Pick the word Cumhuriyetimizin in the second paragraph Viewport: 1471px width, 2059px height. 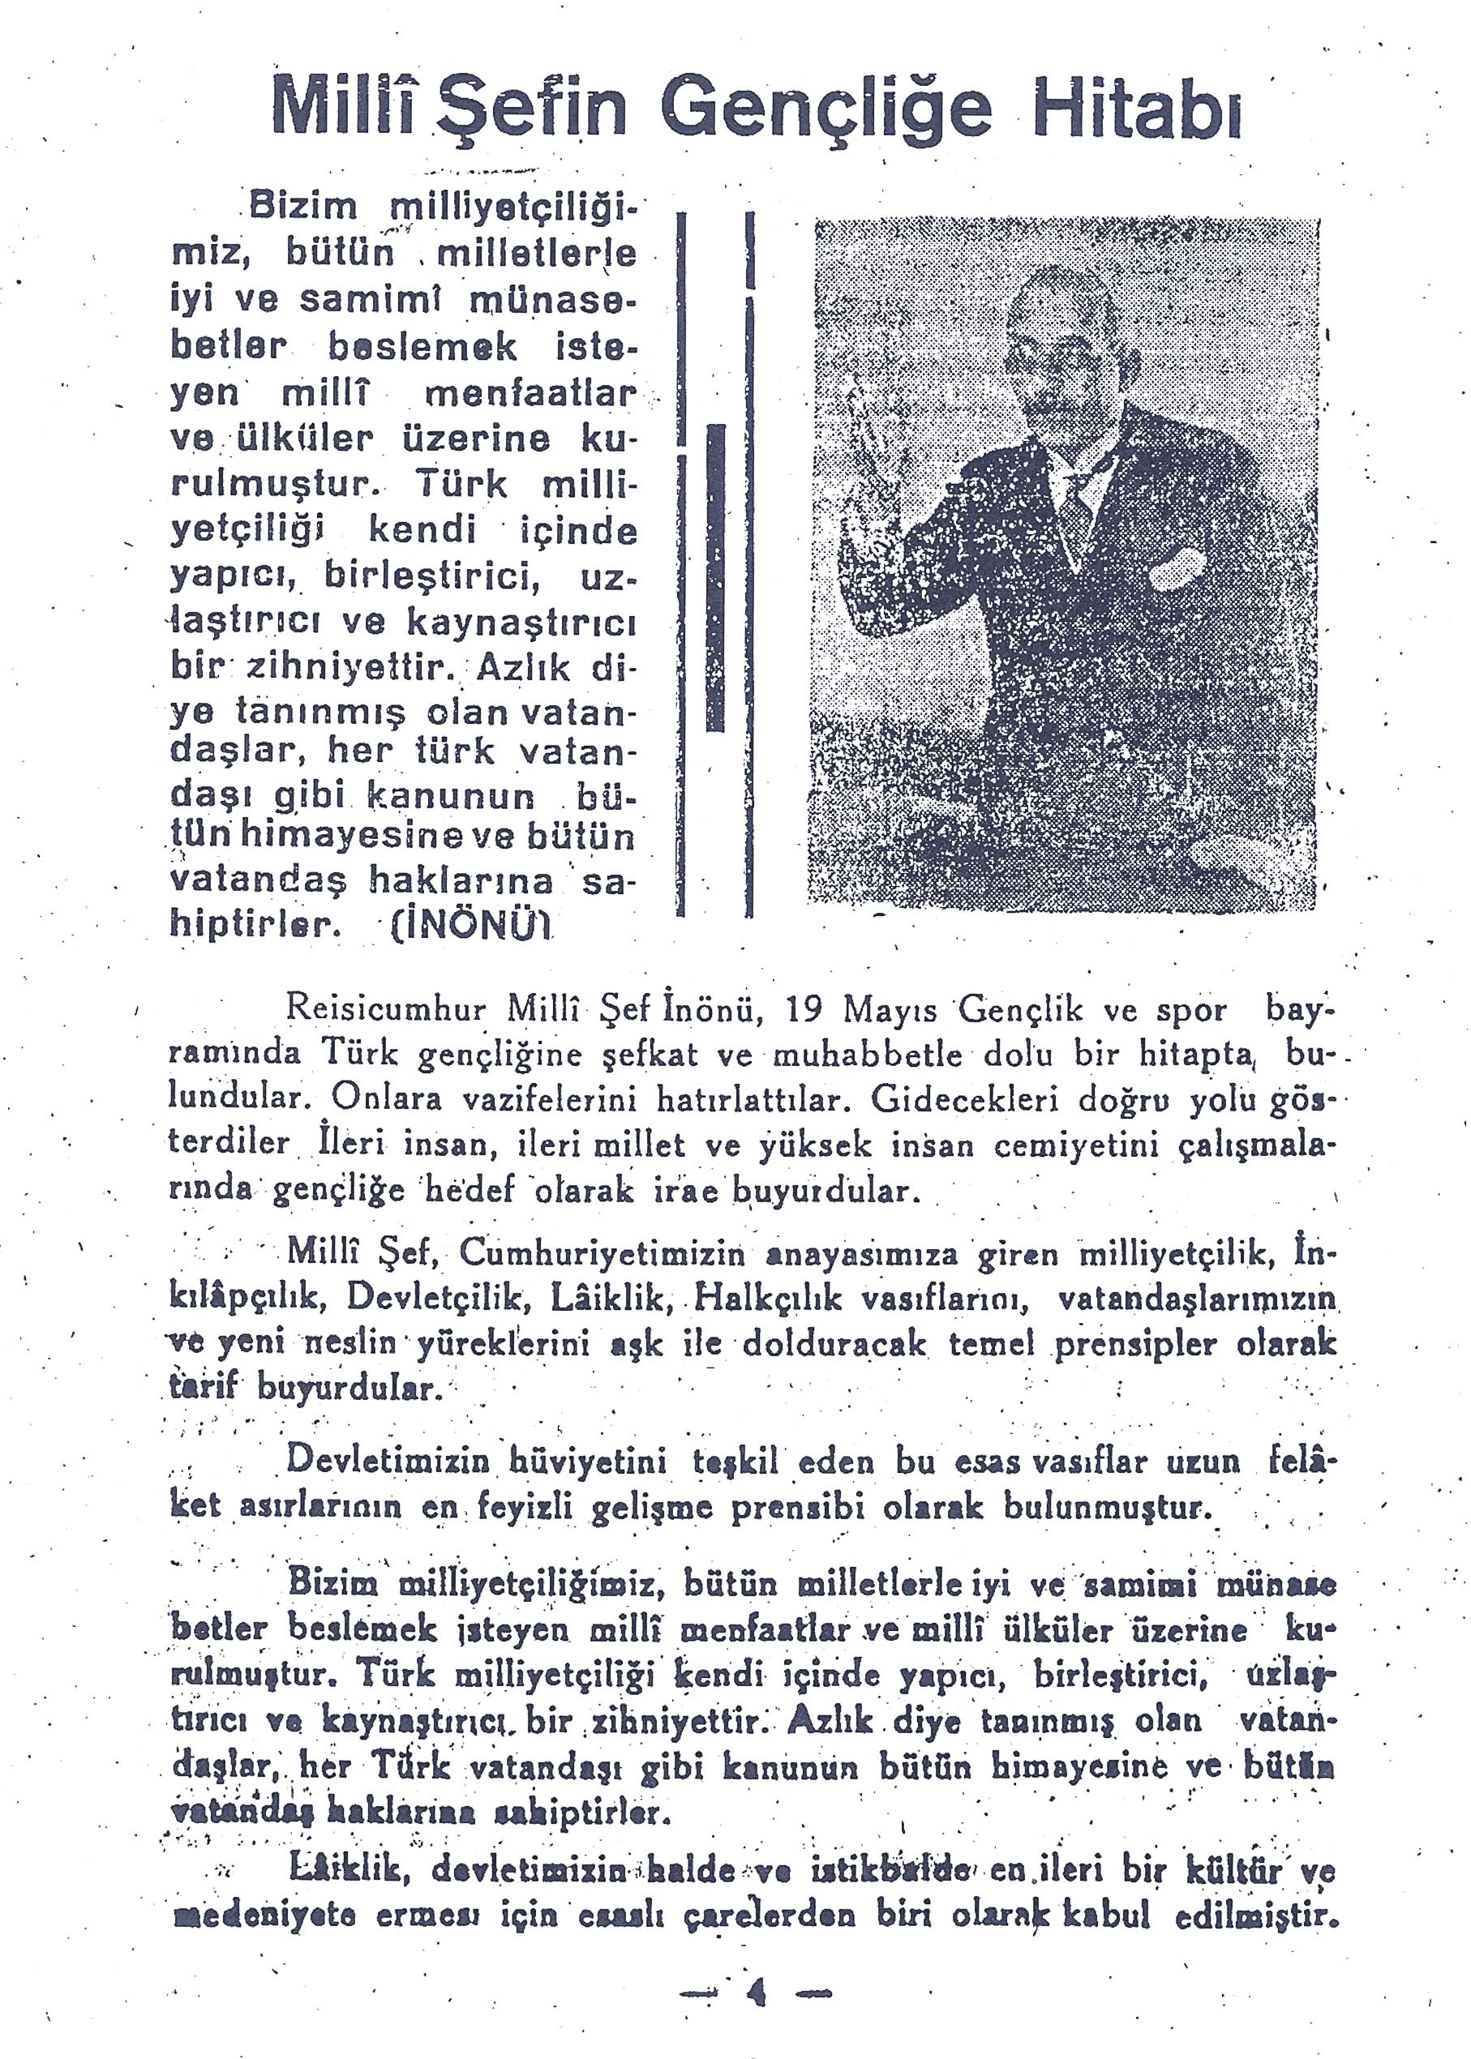tap(603, 1254)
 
